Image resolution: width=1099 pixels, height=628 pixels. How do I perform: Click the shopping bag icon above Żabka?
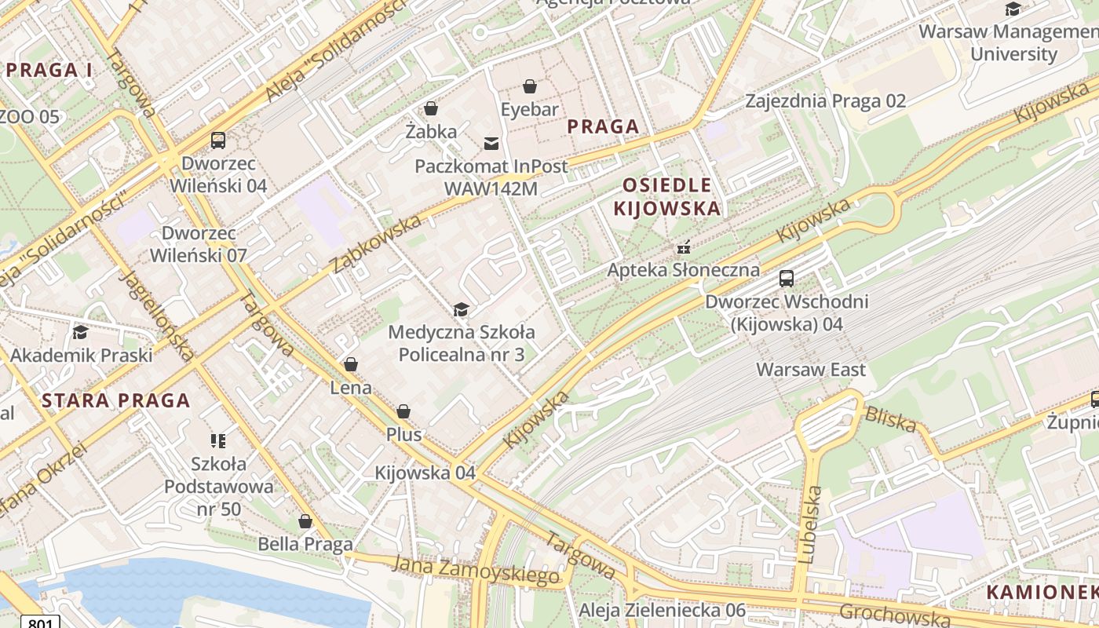430,108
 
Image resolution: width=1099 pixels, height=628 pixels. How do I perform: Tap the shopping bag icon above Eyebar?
531,86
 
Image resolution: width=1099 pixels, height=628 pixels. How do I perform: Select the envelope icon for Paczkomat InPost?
491,143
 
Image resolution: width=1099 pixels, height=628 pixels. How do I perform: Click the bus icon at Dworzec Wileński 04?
218,141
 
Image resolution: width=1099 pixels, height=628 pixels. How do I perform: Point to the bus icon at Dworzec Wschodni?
786,279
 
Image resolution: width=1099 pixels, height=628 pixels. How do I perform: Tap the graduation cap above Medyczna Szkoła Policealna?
461,310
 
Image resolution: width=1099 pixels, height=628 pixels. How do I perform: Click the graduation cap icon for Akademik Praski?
80,333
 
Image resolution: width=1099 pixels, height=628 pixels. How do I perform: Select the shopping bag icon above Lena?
350,365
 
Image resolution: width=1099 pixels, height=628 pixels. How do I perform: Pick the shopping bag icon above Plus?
403,412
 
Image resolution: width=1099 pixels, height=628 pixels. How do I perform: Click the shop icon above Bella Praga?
305,521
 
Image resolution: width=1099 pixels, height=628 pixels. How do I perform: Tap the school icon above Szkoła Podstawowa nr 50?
218,440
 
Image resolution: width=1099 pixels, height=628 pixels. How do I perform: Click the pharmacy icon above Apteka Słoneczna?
684,247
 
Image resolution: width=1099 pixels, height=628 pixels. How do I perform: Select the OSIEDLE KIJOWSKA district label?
666,197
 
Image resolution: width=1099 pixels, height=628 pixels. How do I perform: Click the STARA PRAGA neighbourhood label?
116,400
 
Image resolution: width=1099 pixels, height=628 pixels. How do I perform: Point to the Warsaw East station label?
811,370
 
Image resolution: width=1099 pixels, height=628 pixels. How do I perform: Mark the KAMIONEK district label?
1041,592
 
